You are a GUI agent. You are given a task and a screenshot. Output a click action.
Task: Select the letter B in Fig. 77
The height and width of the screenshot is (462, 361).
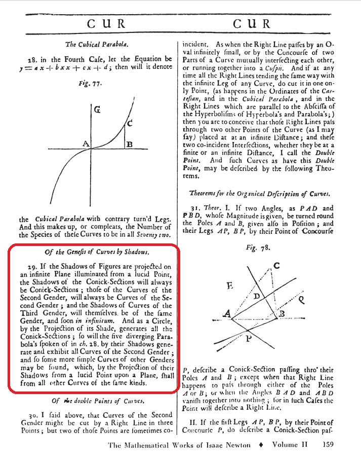point(130,145)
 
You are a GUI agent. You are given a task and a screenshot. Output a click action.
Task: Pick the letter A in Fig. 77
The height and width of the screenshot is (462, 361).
point(86,144)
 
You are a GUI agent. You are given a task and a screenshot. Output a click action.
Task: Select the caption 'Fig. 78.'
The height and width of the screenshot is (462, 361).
point(269,250)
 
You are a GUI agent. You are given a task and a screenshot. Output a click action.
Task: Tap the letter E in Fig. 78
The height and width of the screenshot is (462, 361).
point(230,286)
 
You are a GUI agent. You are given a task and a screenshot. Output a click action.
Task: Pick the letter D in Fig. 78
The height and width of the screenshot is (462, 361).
point(256,296)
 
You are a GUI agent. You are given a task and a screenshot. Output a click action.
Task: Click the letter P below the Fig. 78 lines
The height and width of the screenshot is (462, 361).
point(249,339)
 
